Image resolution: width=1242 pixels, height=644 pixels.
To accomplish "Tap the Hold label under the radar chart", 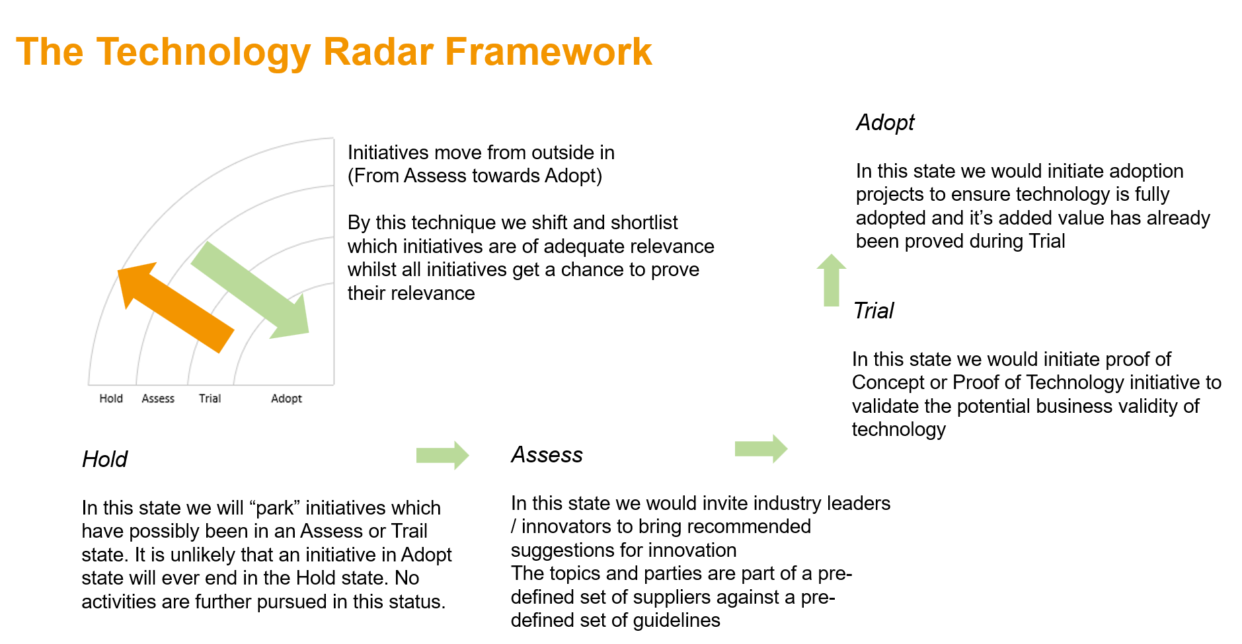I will pyautogui.click(x=111, y=398).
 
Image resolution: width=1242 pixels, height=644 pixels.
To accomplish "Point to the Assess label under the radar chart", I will pyautogui.click(x=158, y=398).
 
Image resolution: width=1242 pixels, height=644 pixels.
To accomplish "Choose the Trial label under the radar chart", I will pyautogui.click(x=210, y=398).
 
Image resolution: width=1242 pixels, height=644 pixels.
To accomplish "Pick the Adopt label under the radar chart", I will pyautogui.click(x=286, y=398).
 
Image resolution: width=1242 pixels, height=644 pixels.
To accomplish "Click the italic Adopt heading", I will pyautogui.click(x=885, y=123).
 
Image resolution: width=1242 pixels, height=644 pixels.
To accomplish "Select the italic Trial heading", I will pyautogui.click(x=873, y=310).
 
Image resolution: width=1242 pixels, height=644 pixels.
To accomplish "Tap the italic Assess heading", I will pyautogui.click(x=547, y=455).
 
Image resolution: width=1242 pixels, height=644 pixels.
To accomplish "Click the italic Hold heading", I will pyautogui.click(x=104, y=459).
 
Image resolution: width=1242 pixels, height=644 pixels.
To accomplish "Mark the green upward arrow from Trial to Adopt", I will pyautogui.click(x=831, y=280).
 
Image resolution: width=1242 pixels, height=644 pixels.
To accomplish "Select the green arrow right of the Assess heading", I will pyautogui.click(x=761, y=449).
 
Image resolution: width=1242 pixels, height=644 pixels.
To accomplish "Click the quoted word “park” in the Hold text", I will pyautogui.click(x=274, y=508).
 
